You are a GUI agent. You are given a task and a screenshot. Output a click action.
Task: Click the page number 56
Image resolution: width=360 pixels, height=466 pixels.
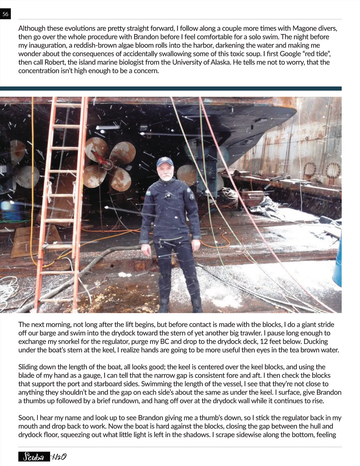5,14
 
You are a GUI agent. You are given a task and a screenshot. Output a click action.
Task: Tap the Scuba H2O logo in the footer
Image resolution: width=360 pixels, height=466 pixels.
42,456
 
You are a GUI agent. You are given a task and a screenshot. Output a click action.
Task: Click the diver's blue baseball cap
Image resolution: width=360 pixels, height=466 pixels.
165,162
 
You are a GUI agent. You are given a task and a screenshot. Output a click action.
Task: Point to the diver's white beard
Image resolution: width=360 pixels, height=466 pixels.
166,177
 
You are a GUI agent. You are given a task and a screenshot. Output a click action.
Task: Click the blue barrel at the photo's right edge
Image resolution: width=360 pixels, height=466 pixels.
339,258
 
